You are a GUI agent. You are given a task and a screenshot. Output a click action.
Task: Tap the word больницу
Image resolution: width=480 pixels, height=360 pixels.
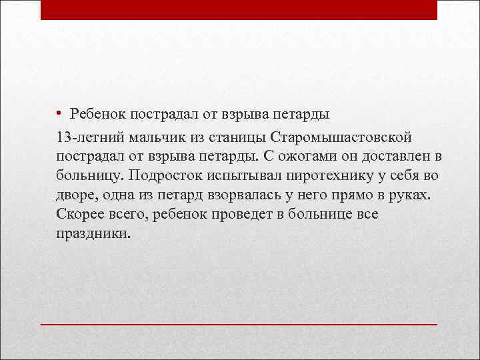[x=91, y=177]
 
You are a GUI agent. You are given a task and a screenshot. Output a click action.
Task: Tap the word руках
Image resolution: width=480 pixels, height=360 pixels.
[x=411, y=197]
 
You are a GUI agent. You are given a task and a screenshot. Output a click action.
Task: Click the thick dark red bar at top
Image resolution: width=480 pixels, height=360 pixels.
[x=239, y=10]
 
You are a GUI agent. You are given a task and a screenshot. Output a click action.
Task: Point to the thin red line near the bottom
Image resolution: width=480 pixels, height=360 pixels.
[x=239, y=324]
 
